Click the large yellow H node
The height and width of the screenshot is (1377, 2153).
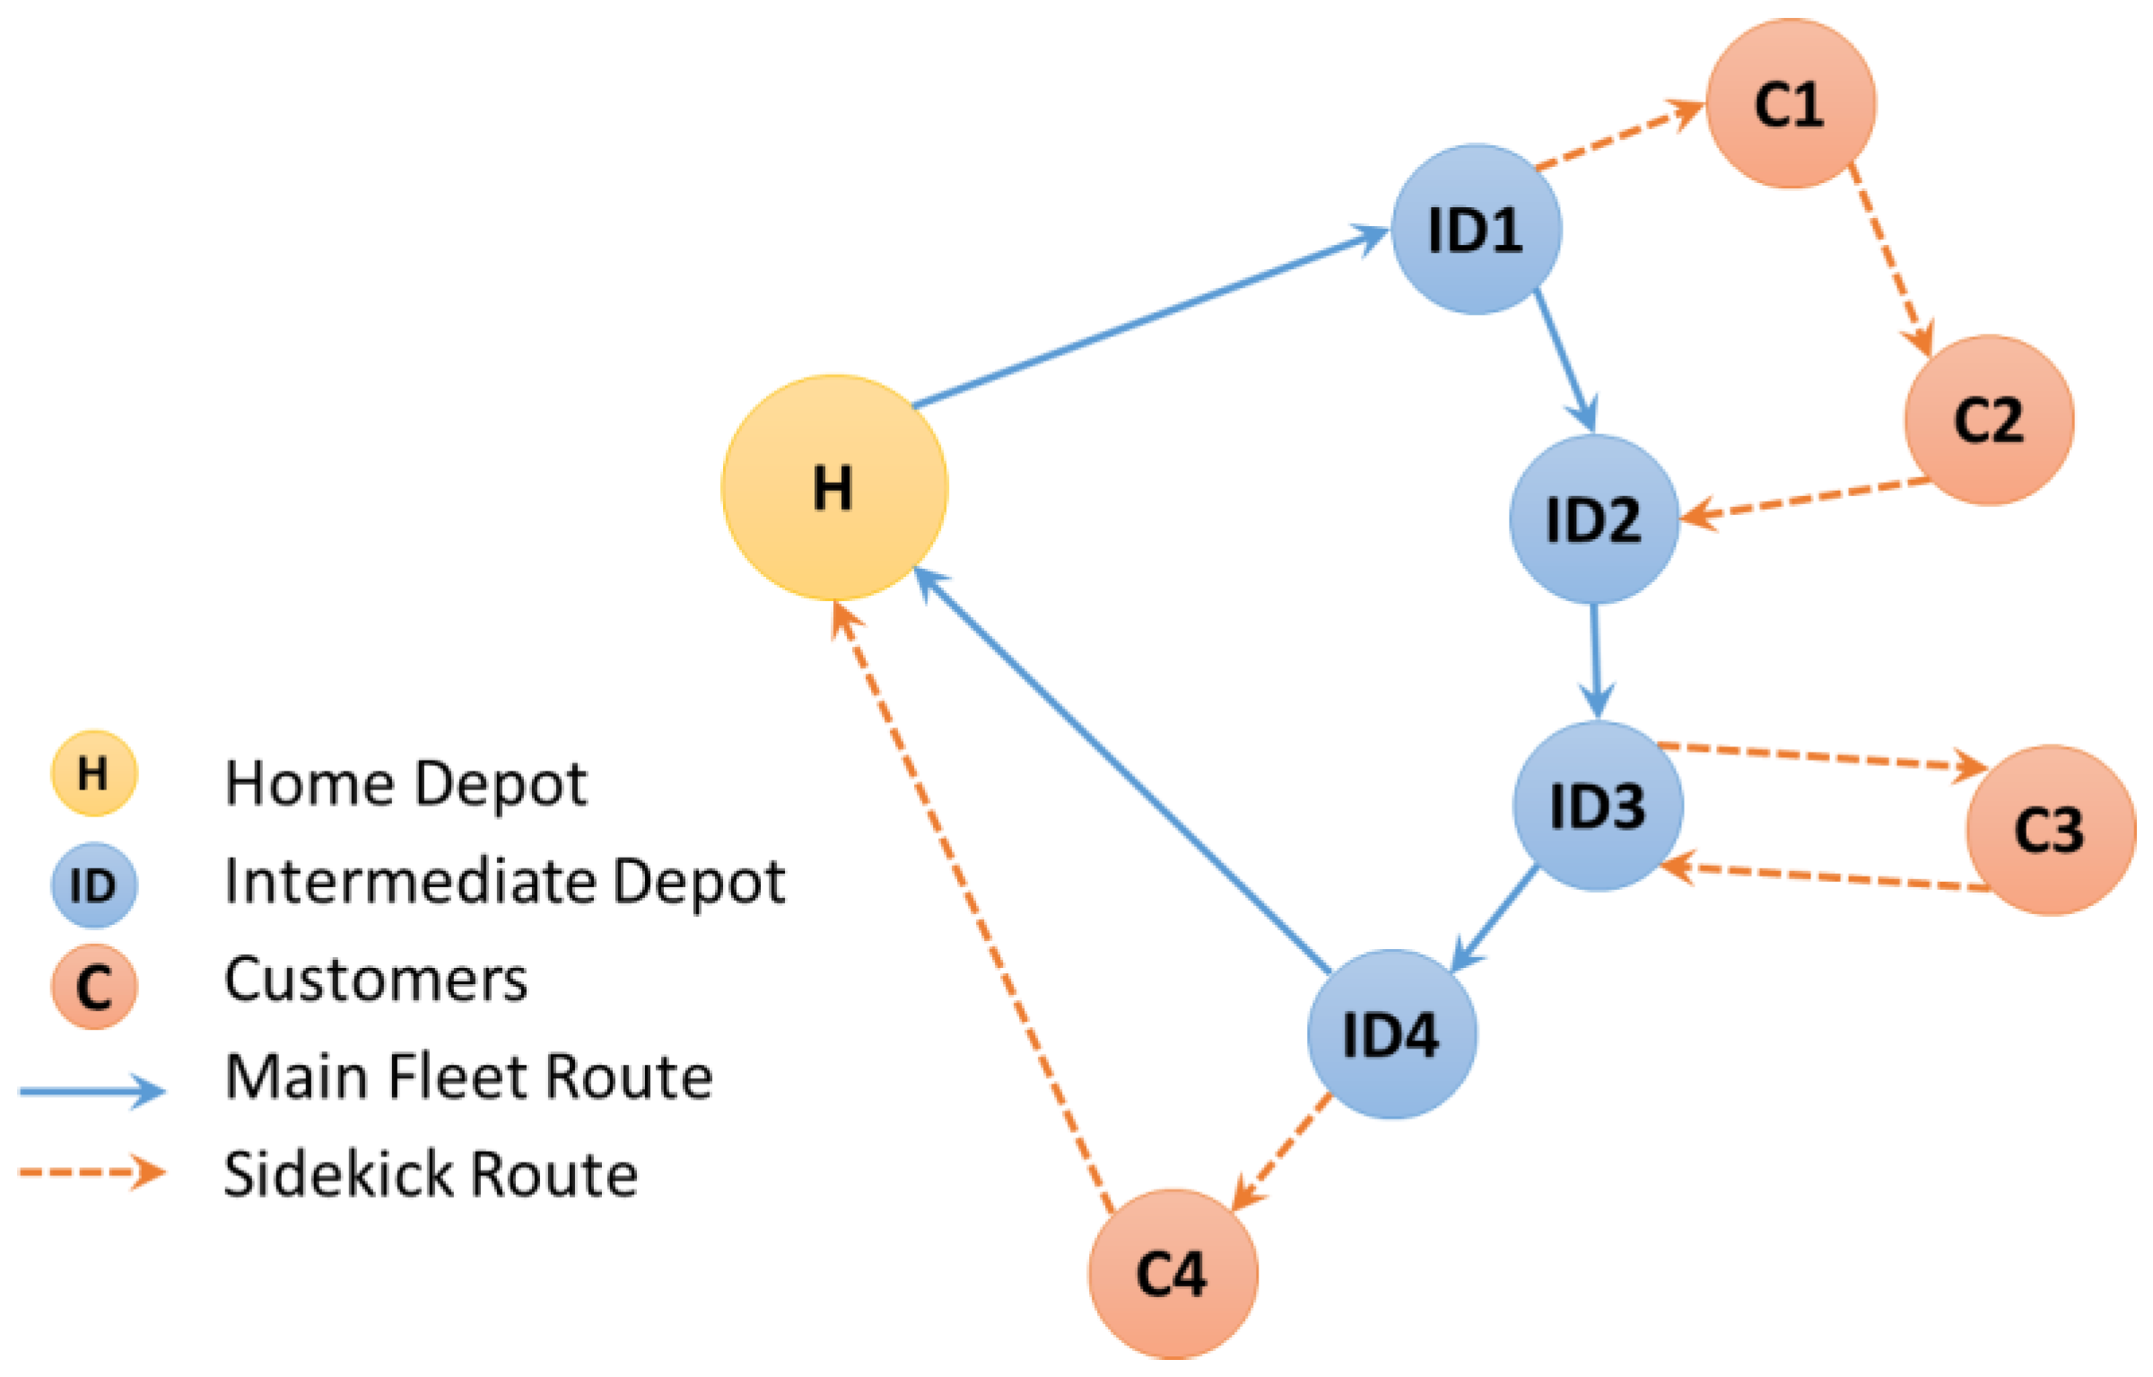(834, 488)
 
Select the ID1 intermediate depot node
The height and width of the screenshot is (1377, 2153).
(1476, 230)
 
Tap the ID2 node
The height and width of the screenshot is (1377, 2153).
(1594, 519)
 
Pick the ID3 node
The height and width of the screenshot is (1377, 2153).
(1598, 806)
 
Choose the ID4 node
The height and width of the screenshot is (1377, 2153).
(1391, 1034)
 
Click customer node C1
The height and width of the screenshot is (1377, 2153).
(1791, 104)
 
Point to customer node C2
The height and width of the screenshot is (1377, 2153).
(1989, 420)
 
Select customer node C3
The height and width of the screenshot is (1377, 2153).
(2050, 830)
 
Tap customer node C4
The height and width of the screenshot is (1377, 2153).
(1172, 1274)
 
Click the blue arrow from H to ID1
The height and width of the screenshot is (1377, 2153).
(1148, 318)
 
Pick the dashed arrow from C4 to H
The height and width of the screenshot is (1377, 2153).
(973, 906)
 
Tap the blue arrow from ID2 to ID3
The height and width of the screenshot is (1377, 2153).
(1596, 659)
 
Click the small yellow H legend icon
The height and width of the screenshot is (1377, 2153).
(94, 773)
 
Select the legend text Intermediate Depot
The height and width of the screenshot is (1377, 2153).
(504, 881)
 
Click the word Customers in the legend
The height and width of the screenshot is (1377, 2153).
(376, 980)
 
